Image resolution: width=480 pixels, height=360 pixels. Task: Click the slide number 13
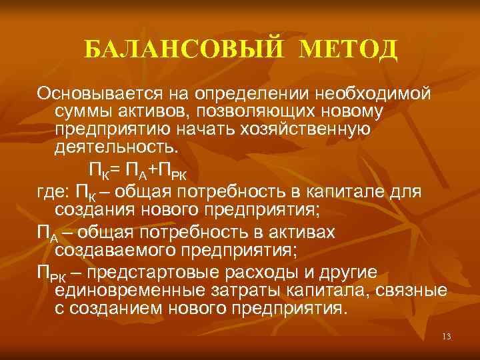pyautogui.click(x=446, y=337)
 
